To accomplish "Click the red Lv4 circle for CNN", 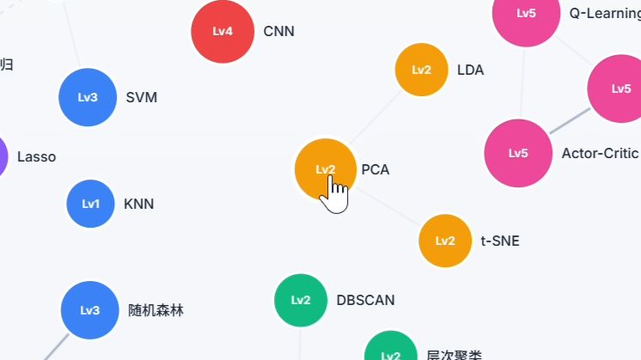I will click(223, 32).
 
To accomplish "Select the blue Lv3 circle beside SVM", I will click(88, 97).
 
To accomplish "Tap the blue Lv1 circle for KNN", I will click(91, 204).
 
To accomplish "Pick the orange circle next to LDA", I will click(421, 70).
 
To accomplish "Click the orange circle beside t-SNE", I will click(445, 241).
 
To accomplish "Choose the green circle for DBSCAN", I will click(301, 300).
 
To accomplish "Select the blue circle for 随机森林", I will click(90, 310).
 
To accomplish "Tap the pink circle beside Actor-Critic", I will click(518, 153).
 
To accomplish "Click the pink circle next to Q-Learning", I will click(526, 14).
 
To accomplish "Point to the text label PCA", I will click(375, 170).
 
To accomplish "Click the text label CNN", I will click(278, 32).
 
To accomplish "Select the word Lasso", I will click(36, 157).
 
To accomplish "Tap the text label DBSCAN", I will click(365, 301).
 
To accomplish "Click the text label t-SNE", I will click(500, 241).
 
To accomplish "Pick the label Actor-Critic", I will click(599, 154).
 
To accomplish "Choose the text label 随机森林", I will click(156, 311).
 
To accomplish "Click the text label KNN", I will click(138, 204).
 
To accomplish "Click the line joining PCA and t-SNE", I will click(388, 205).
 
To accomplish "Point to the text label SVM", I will click(141, 97).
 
